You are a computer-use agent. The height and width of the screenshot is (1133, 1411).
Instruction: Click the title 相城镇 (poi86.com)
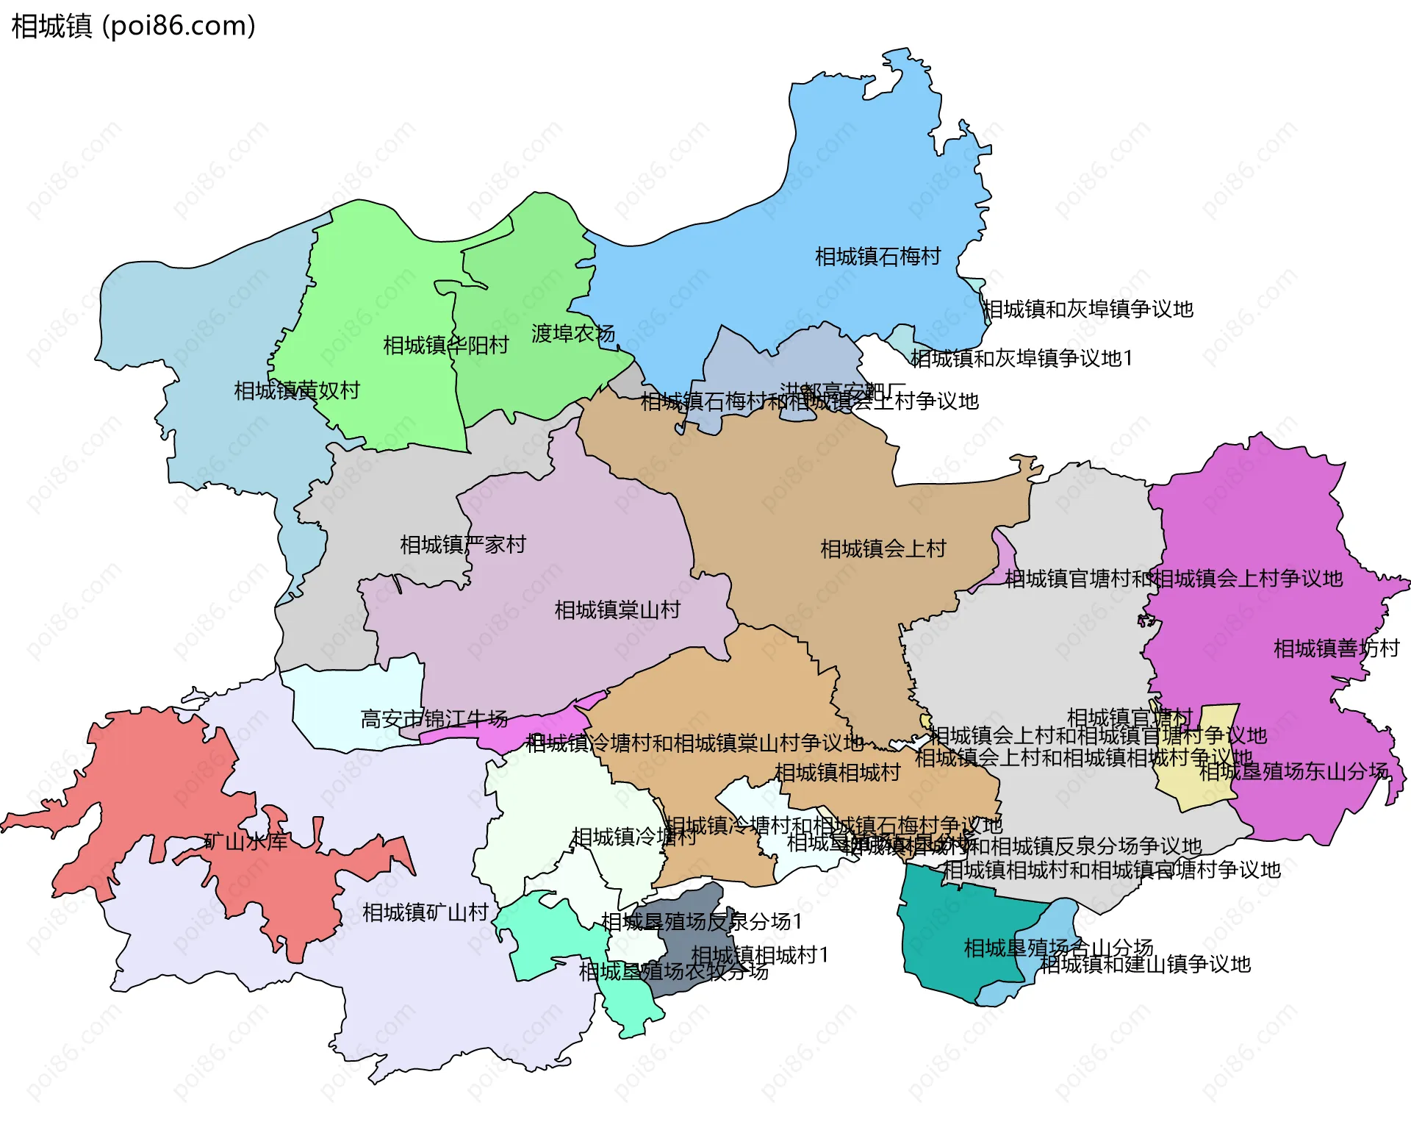pyautogui.click(x=134, y=26)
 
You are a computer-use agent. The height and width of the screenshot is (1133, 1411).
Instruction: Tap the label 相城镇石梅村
pyautogui.click(x=877, y=257)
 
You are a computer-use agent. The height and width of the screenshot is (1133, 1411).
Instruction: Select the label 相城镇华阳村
pyautogui.click(x=446, y=345)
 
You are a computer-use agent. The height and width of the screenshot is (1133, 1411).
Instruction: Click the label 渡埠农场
pyautogui.click(x=573, y=333)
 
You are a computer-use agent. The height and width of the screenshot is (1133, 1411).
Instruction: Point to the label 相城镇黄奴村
pyautogui.click(x=297, y=390)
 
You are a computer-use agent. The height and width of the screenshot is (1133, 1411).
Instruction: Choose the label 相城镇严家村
pyautogui.click(x=463, y=545)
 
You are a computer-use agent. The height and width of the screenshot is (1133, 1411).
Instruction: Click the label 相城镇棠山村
pyautogui.click(x=617, y=610)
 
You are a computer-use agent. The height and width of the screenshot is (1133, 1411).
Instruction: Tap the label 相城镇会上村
pyautogui.click(x=883, y=548)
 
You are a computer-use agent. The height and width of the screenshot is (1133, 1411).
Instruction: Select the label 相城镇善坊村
pyautogui.click(x=1336, y=648)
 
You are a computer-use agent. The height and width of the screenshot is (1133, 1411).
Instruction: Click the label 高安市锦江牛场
pyautogui.click(x=434, y=718)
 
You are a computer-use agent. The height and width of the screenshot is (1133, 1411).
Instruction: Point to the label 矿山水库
pyautogui.click(x=245, y=841)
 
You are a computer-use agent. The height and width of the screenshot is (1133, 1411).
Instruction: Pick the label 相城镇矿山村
pyautogui.click(x=426, y=912)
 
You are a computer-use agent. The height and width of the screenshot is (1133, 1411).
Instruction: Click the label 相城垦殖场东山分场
pyautogui.click(x=1293, y=771)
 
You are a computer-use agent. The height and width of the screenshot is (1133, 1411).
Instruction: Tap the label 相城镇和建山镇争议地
pyautogui.click(x=1145, y=964)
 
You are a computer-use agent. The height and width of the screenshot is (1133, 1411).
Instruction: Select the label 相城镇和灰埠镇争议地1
pyautogui.click(x=1022, y=358)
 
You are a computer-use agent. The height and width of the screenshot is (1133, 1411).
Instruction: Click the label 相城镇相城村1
pyautogui.click(x=760, y=954)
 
